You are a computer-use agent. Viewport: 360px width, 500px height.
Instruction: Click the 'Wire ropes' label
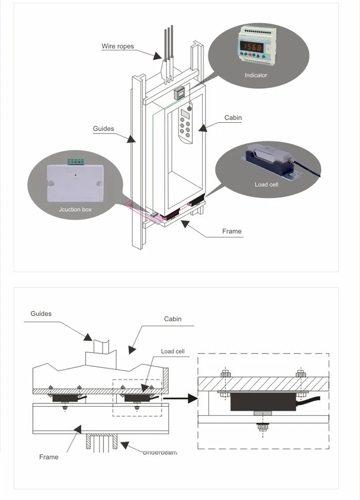coord(117,46)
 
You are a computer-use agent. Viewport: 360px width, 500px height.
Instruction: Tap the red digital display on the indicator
coord(253,47)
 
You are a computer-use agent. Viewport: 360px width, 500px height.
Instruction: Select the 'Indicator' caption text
coord(256,75)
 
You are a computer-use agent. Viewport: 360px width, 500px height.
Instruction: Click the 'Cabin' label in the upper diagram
coord(232,118)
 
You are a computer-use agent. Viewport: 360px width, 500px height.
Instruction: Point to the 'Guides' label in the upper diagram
coord(103,128)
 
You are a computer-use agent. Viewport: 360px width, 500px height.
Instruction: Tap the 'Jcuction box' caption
coord(75,210)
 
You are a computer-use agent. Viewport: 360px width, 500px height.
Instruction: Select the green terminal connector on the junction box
coord(76,161)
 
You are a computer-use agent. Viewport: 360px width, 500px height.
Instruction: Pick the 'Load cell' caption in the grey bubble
coord(266,184)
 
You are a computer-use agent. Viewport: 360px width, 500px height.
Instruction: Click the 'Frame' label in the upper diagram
coord(231,231)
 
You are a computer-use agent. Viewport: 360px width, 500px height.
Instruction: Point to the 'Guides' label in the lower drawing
coord(41,313)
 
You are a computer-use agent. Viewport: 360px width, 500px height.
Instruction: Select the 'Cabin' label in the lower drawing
coord(173,319)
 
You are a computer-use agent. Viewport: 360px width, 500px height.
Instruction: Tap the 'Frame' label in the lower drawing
coord(49,457)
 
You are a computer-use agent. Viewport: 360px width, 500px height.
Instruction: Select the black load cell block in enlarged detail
coord(263,401)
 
